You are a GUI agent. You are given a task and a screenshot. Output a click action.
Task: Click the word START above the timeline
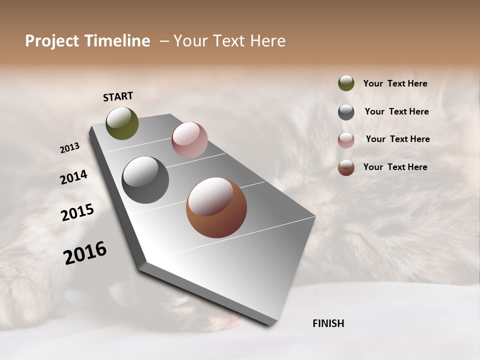(x=118, y=96)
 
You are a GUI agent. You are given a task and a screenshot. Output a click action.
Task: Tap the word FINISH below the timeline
(x=328, y=323)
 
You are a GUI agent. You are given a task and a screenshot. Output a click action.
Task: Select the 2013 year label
(x=70, y=148)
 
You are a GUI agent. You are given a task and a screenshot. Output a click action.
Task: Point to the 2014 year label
(x=73, y=177)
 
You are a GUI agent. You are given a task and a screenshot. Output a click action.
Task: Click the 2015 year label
(x=77, y=212)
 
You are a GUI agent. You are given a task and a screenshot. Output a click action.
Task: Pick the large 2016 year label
(x=85, y=253)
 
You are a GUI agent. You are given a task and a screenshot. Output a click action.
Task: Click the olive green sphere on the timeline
(x=122, y=123)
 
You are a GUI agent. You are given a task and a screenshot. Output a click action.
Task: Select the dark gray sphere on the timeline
(x=145, y=179)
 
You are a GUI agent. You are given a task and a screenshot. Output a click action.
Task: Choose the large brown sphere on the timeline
(x=216, y=207)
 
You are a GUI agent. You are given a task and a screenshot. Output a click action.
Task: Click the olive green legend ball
(x=346, y=83)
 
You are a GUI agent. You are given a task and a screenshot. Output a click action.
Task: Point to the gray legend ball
(x=346, y=112)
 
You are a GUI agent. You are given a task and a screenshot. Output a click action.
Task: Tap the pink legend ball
(x=346, y=140)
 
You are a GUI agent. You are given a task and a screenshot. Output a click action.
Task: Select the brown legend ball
(x=346, y=167)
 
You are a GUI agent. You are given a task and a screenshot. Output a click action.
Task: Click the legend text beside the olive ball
(x=395, y=83)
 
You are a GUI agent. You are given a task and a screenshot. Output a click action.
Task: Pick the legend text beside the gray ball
(x=396, y=111)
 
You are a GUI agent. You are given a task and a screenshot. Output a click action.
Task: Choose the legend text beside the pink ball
(x=397, y=139)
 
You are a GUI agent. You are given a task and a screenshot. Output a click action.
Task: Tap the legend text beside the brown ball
(x=395, y=167)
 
